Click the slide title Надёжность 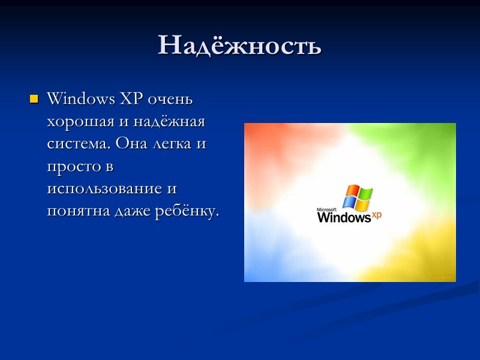tap(240, 45)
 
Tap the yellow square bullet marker tap(34, 98)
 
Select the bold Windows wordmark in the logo tap(344, 217)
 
